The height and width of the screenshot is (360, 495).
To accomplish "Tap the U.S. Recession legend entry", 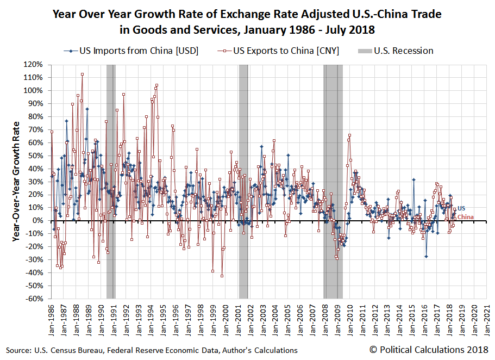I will [402, 51].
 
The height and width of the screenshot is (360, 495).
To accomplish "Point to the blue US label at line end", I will [461, 209].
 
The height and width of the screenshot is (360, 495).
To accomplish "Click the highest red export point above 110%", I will [82, 74].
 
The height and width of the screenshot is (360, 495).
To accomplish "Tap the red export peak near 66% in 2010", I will [349, 135].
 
